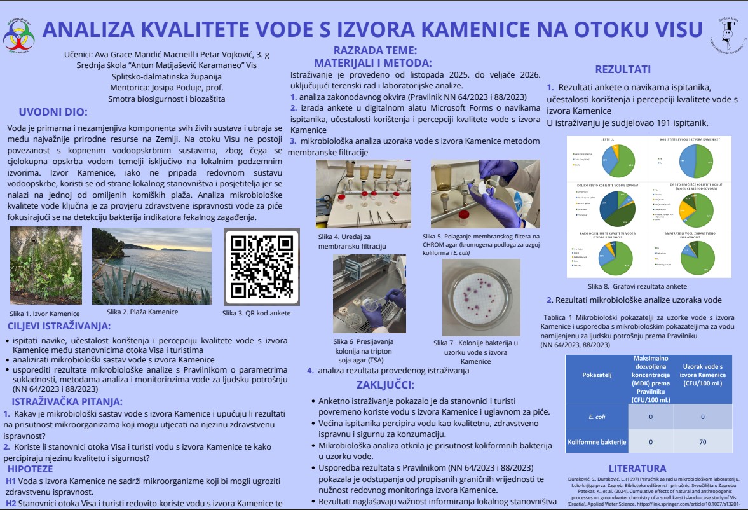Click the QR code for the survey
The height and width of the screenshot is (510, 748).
pyautogui.click(x=262, y=266)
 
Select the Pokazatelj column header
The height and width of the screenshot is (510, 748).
pyautogui.click(x=596, y=375)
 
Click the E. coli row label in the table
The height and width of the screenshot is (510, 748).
pyautogui.click(x=596, y=417)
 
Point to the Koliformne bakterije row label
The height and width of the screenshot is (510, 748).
pyautogui.click(x=596, y=441)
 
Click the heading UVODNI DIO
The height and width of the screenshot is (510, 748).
pyautogui.click(x=53, y=112)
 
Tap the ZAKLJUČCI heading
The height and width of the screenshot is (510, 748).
pyautogui.click(x=385, y=385)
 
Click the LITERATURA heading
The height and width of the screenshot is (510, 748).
pyautogui.click(x=637, y=468)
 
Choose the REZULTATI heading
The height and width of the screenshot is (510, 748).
pyautogui.click(x=622, y=70)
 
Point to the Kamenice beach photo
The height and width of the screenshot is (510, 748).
pyautogui.click(x=152, y=265)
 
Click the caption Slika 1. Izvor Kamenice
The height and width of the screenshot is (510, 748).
pyautogui.click(x=44, y=314)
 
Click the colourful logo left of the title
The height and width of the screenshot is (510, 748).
pyautogui.click(x=19, y=36)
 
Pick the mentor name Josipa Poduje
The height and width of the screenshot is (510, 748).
pyautogui.click(x=157, y=88)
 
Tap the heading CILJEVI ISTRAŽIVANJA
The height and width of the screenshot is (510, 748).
pyautogui.click(x=59, y=326)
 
